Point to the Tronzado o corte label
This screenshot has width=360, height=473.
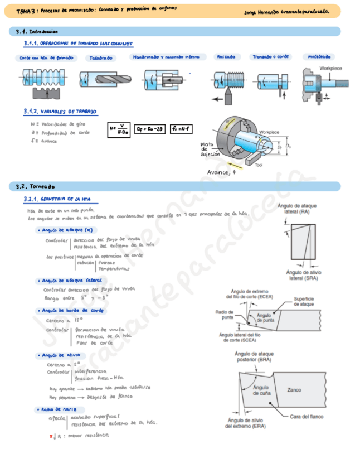[x=270, y=57]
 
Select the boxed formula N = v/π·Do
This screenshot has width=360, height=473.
[x=120, y=129]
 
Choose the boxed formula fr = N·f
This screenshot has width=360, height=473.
[x=182, y=129]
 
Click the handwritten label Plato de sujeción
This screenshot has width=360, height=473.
[x=210, y=149]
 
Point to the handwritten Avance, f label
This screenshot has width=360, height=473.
[x=222, y=172]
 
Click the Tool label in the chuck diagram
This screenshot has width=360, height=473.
[x=259, y=165]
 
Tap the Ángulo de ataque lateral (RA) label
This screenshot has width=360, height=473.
[x=296, y=209]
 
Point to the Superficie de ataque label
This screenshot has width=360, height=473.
[x=304, y=301]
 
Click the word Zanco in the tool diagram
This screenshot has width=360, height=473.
[x=293, y=390]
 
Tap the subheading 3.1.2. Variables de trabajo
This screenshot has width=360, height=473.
[x=60, y=112]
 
